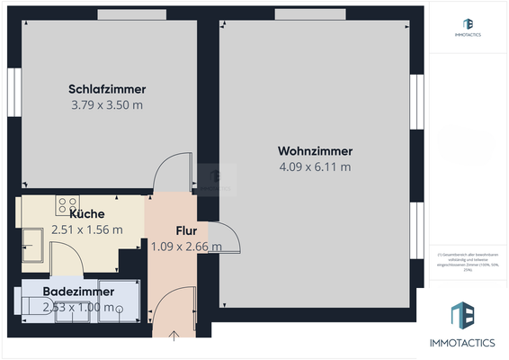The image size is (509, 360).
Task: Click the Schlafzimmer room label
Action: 107,89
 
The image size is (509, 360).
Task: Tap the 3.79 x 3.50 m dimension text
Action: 107,104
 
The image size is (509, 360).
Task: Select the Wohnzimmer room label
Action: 315,151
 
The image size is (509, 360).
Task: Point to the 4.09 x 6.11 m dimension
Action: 315,166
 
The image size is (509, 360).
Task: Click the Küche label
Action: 87,214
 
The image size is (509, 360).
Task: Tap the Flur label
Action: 185,230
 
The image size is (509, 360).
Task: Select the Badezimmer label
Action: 78,292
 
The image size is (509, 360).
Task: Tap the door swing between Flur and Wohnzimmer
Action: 225,238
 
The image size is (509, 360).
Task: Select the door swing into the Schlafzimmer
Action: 173,172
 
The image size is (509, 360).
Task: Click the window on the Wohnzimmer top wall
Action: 311,13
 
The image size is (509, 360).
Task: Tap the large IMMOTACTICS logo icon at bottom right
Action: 464,316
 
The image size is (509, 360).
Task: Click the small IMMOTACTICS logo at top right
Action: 468,24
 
